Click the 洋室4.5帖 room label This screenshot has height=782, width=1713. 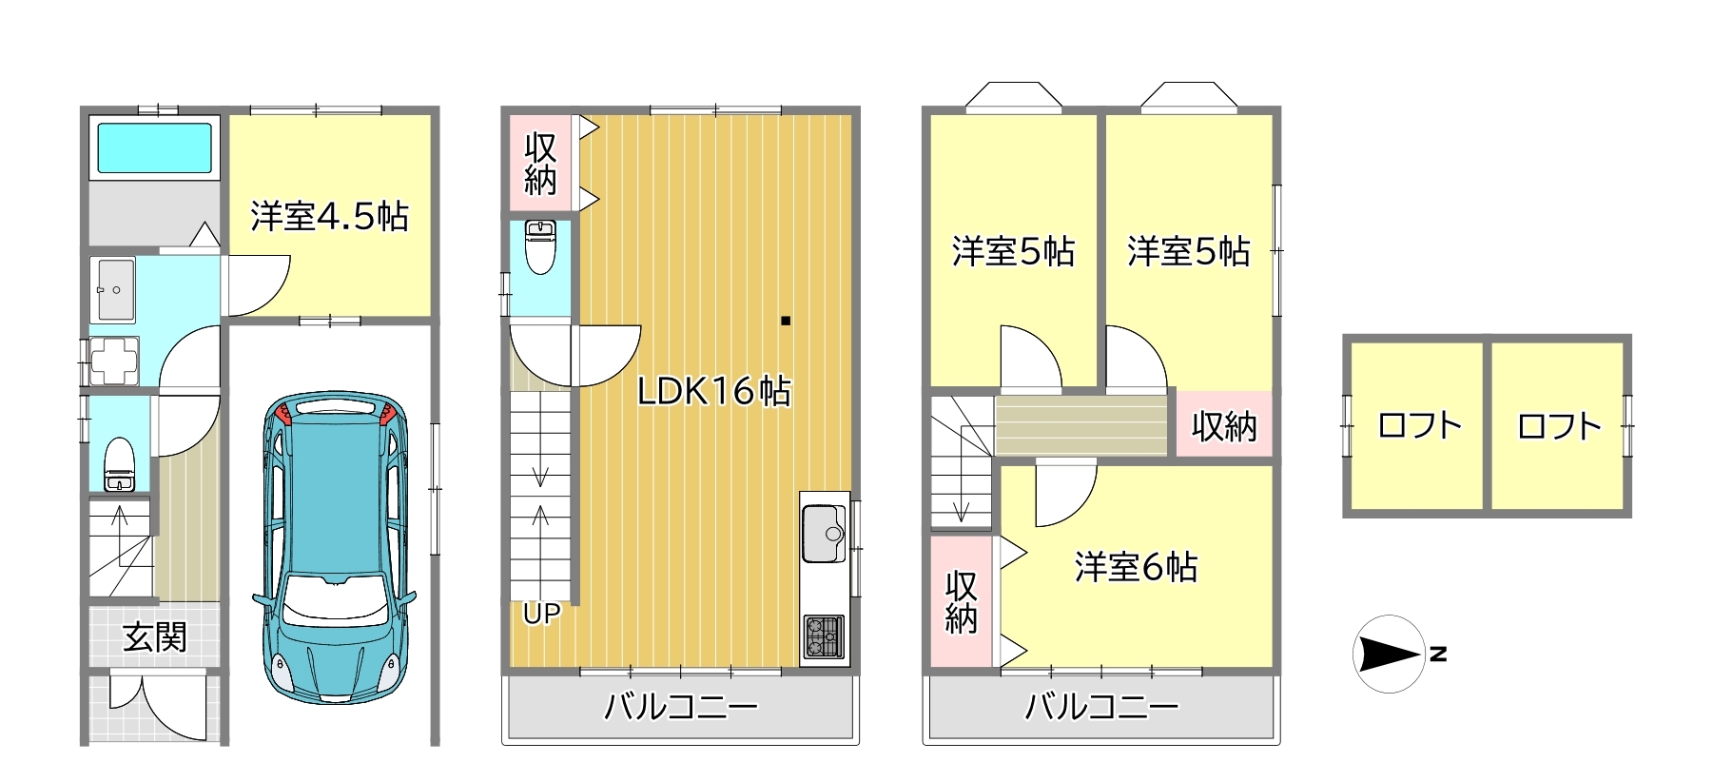(x=329, y=217)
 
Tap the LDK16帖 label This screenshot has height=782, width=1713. (x=713, y=391)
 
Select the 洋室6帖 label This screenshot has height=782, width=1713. (x=1136, y=567)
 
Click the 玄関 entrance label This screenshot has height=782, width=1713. (x=155, y=636)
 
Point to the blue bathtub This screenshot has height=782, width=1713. (x=154, y=147)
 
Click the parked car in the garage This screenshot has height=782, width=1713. (x=334, y=546)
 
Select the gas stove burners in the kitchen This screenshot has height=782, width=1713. (x=824, y=637)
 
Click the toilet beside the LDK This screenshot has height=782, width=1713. (x=540, y=246)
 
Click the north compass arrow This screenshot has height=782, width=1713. (x=1389, y=654)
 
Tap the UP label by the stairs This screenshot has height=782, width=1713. (x=541, y=615)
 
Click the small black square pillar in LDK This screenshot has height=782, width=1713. (x=786, y=321)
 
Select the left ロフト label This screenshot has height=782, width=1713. (x=1419, y=425)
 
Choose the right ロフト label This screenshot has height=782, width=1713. (x=1559, y=425)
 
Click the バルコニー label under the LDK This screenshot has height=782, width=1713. (x=681, y=707)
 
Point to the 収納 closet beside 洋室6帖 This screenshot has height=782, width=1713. (x=962, y=601)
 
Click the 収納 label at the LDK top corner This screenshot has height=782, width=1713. (x=540, y=164)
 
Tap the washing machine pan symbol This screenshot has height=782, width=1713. (x=113, y=362)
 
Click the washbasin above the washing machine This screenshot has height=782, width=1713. (x=113, y=289)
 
